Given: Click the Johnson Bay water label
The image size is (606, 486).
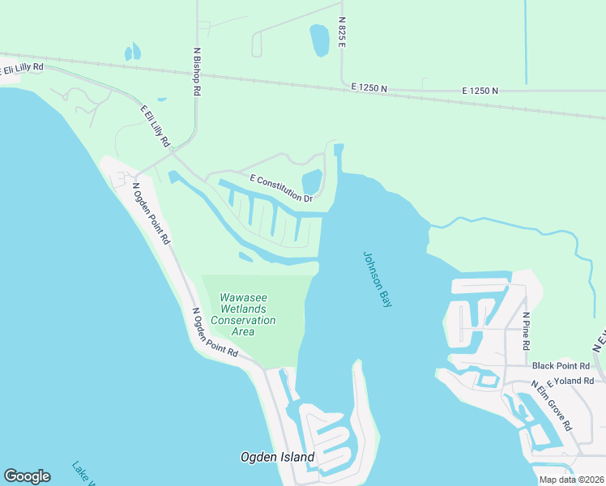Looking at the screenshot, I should tap(378, 278).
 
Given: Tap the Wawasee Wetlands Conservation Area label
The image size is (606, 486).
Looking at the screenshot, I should tap(243, 314).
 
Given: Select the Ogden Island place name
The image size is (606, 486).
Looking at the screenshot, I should tap(277, 457).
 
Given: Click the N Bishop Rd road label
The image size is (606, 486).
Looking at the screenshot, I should tap(196, 71).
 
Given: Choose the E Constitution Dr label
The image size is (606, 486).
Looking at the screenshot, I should tap(281, 188).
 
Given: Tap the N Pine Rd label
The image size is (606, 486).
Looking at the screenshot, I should tap(526, 330).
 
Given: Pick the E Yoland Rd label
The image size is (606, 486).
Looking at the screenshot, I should tap(571, 378).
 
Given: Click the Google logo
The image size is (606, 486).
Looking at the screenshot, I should tap(27, 476).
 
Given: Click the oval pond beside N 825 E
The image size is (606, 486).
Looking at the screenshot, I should tap(319, 40).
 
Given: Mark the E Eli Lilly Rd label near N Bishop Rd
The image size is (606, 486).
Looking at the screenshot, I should tap(155, 126).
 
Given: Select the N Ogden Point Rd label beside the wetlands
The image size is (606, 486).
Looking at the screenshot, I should tap(215, 333).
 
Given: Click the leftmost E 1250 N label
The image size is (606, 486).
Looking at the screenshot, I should tap(369, 87).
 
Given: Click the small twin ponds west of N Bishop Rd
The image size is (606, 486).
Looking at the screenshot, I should tap(132, 53).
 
